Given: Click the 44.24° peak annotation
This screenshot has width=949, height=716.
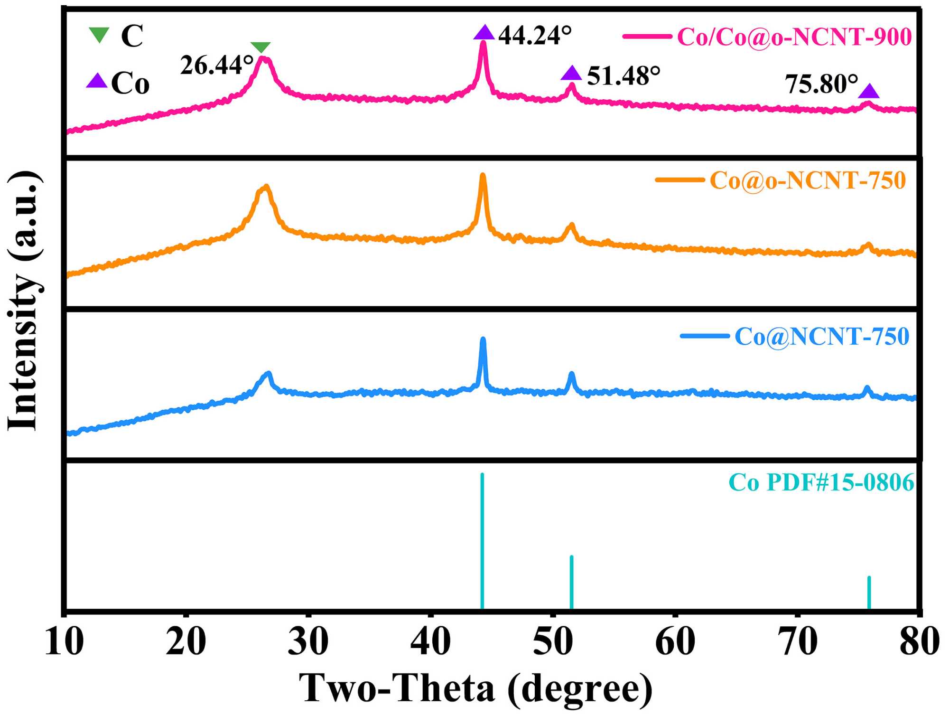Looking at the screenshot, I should [x=535, y=35].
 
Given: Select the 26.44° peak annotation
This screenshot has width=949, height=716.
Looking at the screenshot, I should [x=216, y=66].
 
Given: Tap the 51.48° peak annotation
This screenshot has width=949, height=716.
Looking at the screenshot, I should [x=623, y=76].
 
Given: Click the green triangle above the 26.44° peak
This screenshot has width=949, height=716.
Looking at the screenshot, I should [x=261, y=47].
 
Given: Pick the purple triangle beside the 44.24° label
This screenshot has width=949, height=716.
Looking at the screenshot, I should [x=484, y=33].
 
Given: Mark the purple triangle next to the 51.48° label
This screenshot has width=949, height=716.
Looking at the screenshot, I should [x=571, y=74].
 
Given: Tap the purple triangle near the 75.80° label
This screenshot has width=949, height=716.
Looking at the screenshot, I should [x=869, y=91].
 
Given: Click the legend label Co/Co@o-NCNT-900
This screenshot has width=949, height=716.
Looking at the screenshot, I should [x=794, y=37].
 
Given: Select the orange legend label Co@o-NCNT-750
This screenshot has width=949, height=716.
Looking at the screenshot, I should [x=808, y=180].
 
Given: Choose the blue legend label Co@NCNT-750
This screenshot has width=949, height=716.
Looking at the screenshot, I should [x=822, y=337].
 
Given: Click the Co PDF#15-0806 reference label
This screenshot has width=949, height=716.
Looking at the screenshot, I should [x=821, y=482].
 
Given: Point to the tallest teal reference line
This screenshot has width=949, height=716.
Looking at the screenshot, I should [x=482, y=541].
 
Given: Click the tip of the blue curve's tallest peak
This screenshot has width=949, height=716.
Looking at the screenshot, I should [x=483, y=339].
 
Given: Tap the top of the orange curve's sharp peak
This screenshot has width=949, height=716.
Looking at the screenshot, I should [x=483, y=175].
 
